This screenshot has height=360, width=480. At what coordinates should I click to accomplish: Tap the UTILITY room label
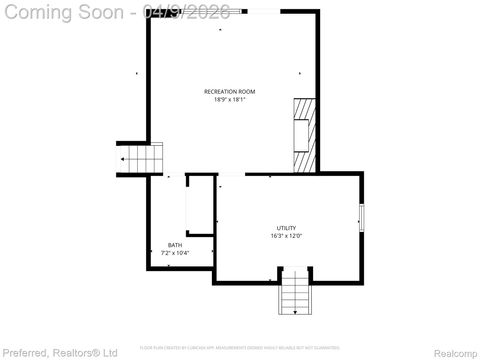tap(286, 228)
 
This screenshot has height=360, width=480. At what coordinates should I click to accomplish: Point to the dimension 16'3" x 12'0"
tap(286, 236)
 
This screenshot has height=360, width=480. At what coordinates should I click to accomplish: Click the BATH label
tap(175, 245)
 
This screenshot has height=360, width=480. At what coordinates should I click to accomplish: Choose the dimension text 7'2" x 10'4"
tap(175, 253)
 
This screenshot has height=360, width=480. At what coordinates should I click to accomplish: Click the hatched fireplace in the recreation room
tap(303, 135)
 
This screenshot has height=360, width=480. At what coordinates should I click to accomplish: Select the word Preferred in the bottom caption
tap(25, 352)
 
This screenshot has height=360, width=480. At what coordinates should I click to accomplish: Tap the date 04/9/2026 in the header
tap(187, 11)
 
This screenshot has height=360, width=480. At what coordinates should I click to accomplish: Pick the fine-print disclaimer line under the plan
tap(239, 347)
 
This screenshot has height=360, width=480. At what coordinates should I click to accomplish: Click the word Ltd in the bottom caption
tap(110, 352)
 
